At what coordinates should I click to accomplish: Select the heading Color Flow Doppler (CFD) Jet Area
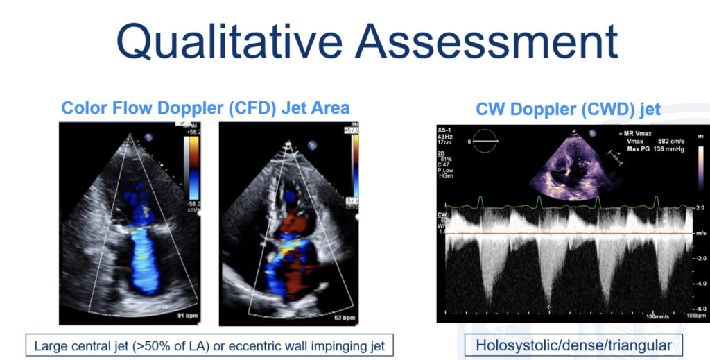tap(205, 108)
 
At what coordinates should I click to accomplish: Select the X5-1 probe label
tap(447, 130)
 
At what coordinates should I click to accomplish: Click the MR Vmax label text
tap(637, 132)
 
